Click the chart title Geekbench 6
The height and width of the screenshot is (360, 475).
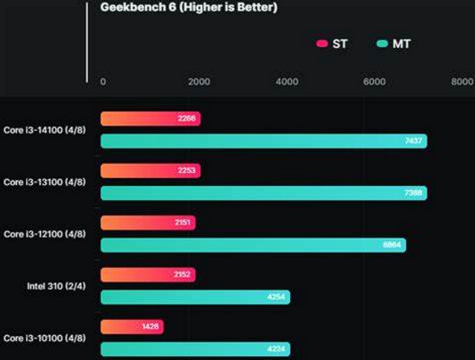coord(189,8)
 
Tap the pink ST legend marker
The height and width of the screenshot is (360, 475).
coord(322,44)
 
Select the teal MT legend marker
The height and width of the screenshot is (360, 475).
coord(382,44)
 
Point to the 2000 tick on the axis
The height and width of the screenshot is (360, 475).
coord(199,82)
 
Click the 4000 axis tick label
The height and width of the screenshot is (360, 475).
coord(288,82)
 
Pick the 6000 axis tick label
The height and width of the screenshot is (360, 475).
coord(375,82)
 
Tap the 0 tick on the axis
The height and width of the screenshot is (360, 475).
coord(103,82)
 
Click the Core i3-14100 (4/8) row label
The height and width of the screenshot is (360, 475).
coord(44,130)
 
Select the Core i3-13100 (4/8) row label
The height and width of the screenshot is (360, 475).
coord(44,182)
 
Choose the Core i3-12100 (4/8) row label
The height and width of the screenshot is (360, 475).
coord(44,234)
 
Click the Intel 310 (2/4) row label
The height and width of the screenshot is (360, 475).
coord(56,286)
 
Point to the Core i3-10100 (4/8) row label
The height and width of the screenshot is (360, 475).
coord(44,338)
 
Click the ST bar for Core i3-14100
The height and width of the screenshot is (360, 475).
coord(150,119)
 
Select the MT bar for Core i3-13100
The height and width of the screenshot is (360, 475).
coord(263,193)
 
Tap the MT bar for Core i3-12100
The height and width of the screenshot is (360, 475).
coord(253,245)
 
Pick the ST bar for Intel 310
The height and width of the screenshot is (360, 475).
coord(148,275)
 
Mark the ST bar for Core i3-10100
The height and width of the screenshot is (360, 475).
coord(132,326)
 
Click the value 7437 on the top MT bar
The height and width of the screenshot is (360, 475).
coord(414,141)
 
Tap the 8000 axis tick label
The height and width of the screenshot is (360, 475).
coord(462,82)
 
